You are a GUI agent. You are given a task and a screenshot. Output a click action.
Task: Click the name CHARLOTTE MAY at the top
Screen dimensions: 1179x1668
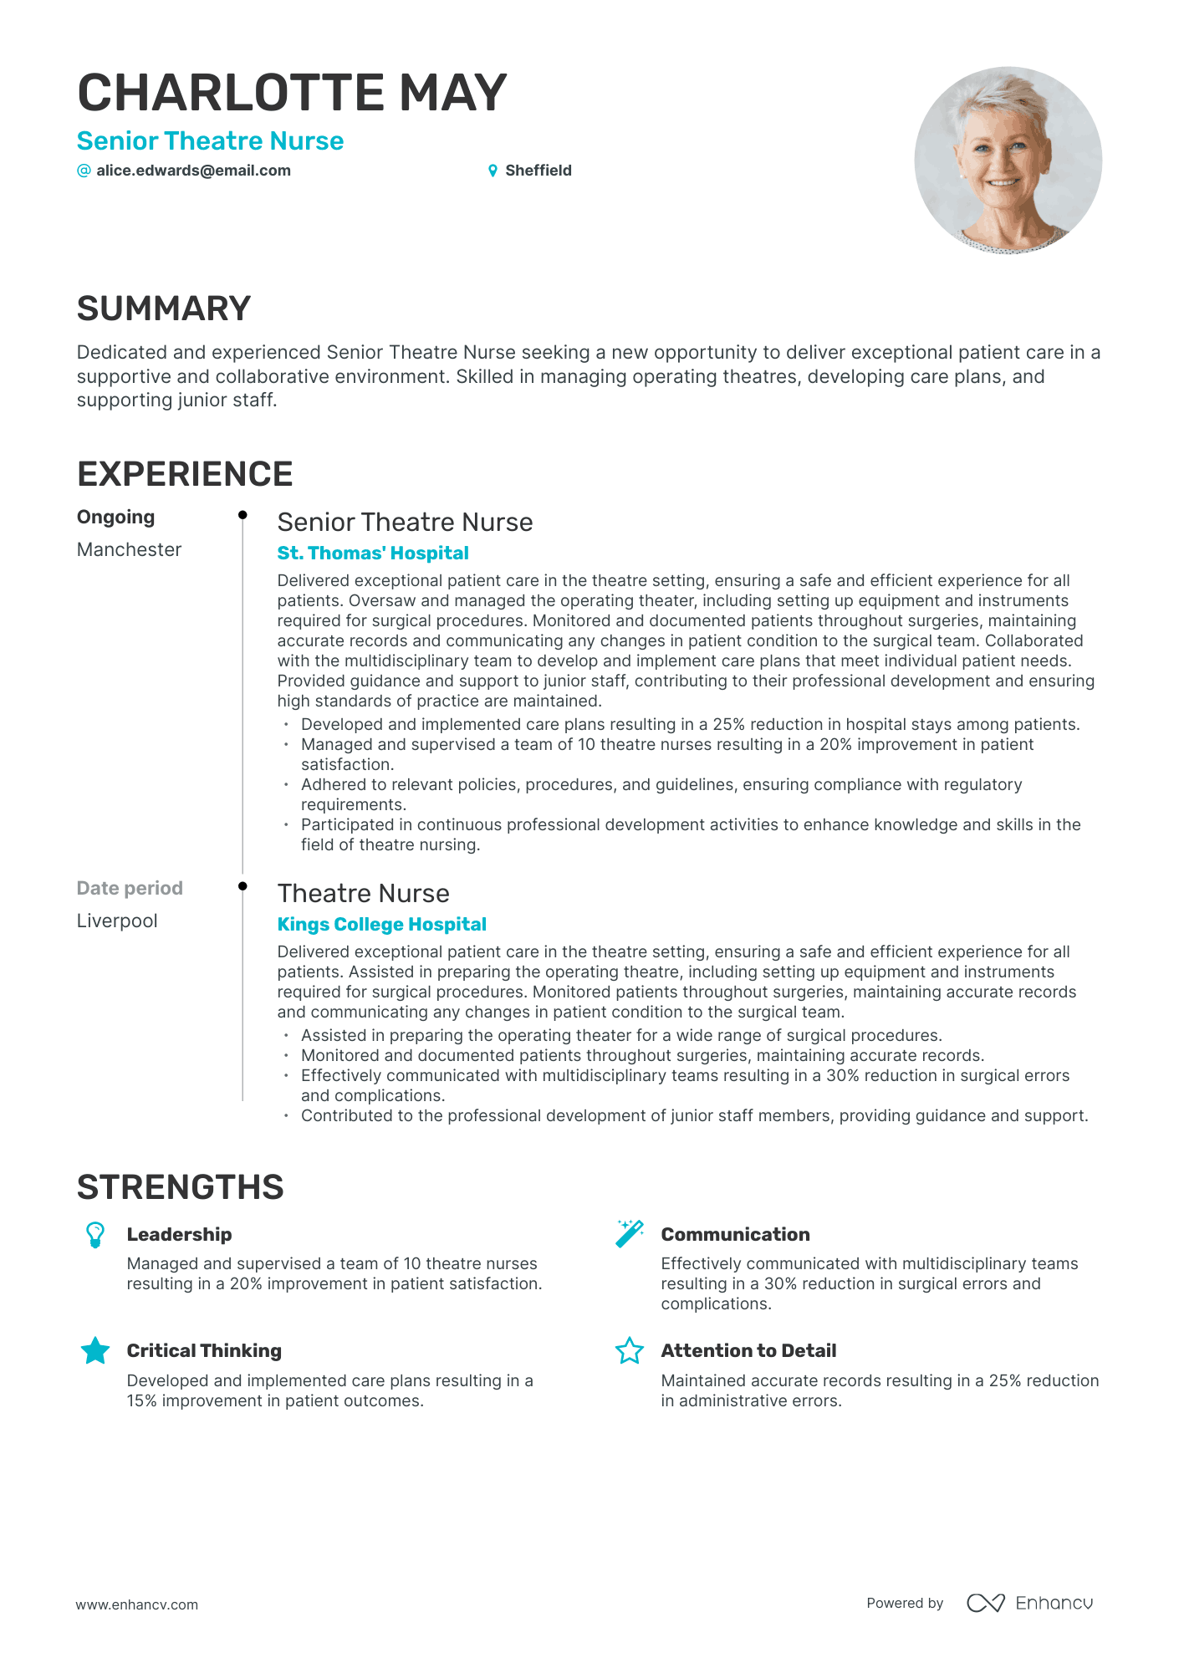pos(292,92)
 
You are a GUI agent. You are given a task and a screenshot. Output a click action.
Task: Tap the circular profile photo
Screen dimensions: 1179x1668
pos(1008,161)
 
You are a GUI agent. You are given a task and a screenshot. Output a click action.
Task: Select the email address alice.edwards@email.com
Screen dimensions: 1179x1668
pos(193,171)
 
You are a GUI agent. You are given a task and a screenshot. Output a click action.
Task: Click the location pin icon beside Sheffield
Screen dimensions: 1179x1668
pos(493,171)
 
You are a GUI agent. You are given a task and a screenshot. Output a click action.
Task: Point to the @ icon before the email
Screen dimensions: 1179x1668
pos(84,171)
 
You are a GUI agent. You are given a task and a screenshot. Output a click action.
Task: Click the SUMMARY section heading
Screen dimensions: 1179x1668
pos(164,309)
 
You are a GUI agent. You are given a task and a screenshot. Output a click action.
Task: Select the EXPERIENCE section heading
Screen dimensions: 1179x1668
pos(185,474)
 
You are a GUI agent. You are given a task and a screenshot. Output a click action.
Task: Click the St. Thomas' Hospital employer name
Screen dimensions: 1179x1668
pos(373,553)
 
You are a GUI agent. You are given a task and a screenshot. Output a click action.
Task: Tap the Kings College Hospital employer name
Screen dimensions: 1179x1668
pos(381,925)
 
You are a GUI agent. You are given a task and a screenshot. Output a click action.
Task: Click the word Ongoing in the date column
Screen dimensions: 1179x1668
pos(115,518)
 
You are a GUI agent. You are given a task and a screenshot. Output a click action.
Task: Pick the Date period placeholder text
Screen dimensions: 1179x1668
pos(130,889)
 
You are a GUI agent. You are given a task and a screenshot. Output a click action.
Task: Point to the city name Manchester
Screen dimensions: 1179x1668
pos(129,550)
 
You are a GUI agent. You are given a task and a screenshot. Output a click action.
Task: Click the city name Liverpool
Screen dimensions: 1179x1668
pos(117,921)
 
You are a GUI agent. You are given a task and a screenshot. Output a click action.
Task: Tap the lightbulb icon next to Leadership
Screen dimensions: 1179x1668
pos(95,1235)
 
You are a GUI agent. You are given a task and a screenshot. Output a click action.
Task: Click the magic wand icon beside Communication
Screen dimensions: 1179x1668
pos(629,1233)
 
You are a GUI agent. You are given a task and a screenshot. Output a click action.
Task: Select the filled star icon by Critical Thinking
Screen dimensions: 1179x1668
pos(95,1350)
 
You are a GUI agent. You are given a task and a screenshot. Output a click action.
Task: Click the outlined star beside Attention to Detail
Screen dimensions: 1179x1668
pos(629,1350)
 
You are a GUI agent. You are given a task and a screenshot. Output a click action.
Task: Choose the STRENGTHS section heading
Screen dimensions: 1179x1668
pos(181,1187)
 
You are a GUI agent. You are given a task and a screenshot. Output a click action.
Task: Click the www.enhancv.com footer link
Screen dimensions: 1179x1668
pos(137,1604)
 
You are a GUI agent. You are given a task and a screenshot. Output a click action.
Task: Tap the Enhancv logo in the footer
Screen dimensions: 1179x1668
pos(1030,1603)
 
